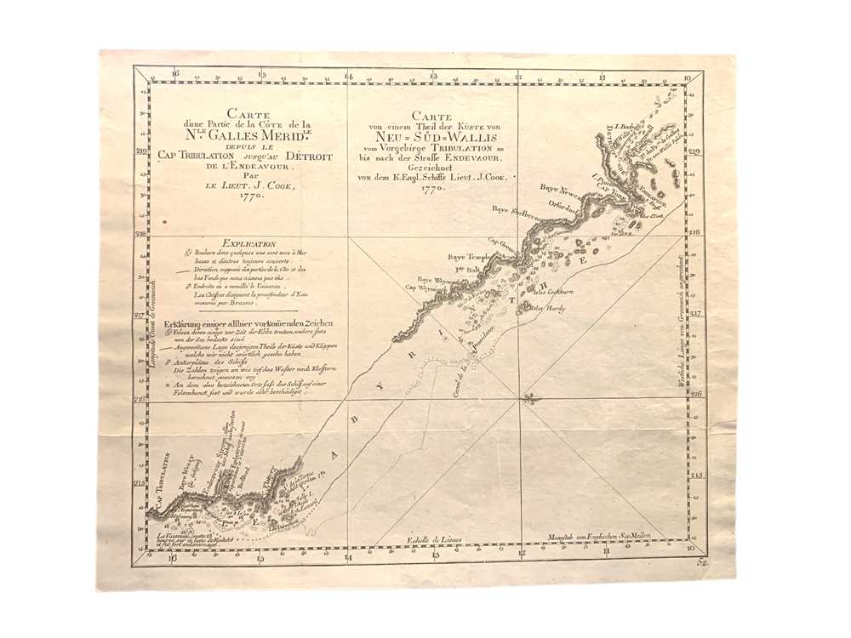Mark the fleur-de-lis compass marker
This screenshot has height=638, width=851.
click(x=528, y=398)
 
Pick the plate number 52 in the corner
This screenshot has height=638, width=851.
click(x=702, y=562)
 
